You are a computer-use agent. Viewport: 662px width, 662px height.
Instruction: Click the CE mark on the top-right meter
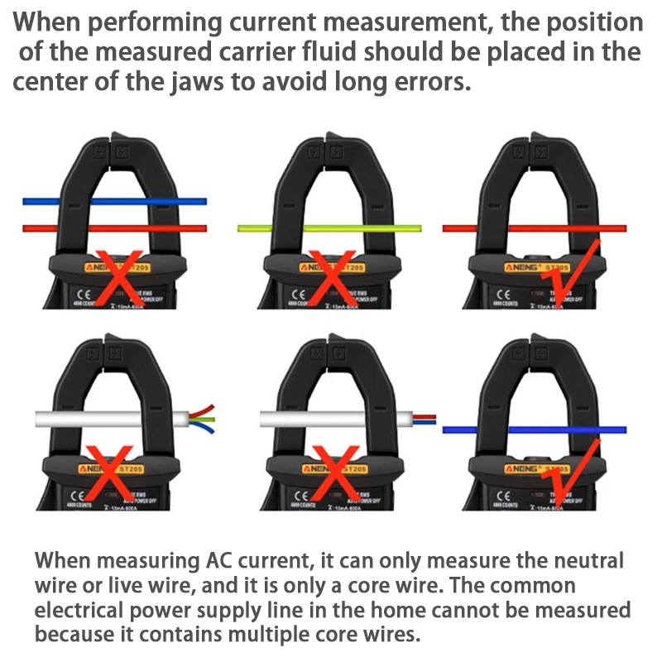(502, 294)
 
